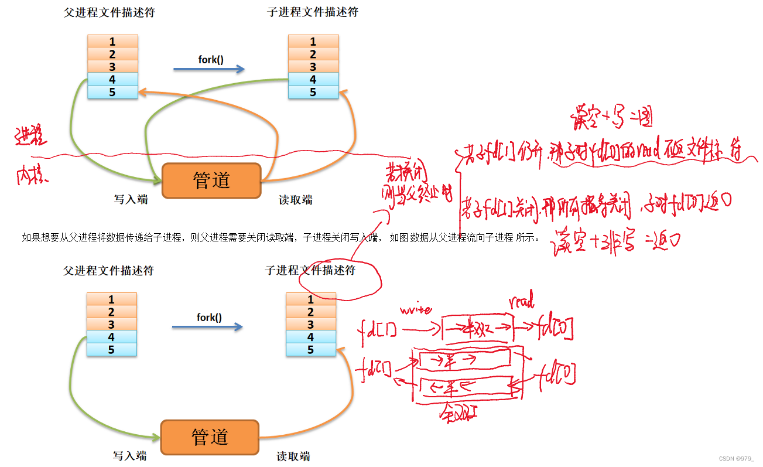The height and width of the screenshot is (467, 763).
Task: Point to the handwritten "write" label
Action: [x=415, y=308]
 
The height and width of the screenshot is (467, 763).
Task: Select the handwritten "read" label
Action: [x=522, y=302]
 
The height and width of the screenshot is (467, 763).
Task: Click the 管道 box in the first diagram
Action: [x=211, y=180]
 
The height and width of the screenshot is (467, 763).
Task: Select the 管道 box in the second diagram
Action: [x=210, y=437]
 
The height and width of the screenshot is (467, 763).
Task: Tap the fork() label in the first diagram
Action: [x=211, y=59]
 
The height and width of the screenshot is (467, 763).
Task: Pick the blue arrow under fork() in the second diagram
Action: [x=207, y=327]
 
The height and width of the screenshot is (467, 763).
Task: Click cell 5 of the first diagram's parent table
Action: [x=112, y=92]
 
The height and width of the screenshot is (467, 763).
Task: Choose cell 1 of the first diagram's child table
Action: [x=313, y=42]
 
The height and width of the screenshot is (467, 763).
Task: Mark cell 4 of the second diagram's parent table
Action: [x=111, y=337]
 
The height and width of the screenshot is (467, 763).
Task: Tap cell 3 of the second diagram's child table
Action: [x=311, y=325]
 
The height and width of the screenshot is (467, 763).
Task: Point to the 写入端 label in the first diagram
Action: [x=130, y=200]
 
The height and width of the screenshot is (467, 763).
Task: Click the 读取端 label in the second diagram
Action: [x=293, y=456]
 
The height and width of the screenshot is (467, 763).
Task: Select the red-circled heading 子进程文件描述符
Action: [x=310, y=271]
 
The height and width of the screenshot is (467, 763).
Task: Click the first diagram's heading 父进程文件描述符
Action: [x=110, y=12]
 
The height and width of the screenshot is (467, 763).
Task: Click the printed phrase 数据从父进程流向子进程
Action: [x=461, y=237]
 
